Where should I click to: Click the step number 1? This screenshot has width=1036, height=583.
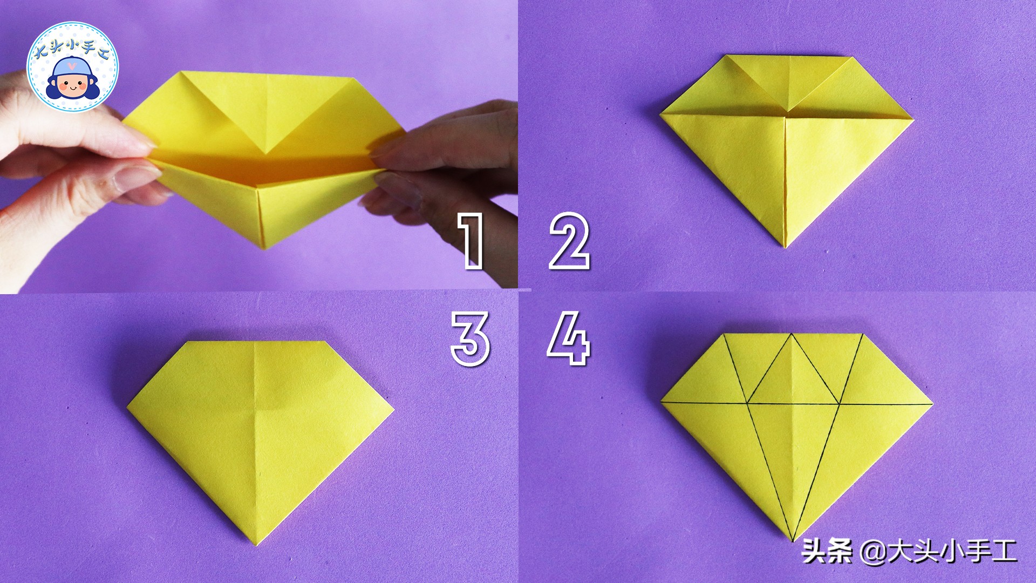pos(471,241)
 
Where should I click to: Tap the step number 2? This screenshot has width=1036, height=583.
pos(569,241)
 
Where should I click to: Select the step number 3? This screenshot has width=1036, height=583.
pos(471,340)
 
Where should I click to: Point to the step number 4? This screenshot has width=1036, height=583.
pos(568,340)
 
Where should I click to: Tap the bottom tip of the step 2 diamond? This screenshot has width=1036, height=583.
pos(785,248)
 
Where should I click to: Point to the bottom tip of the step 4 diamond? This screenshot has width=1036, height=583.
pos(792,541)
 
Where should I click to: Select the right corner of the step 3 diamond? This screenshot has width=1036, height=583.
pos(394,409)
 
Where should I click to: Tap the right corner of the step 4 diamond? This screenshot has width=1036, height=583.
pos(933,403)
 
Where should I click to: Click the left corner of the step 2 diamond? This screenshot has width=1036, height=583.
pos(660,113)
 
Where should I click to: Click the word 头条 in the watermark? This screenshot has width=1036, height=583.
pos(826,552)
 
